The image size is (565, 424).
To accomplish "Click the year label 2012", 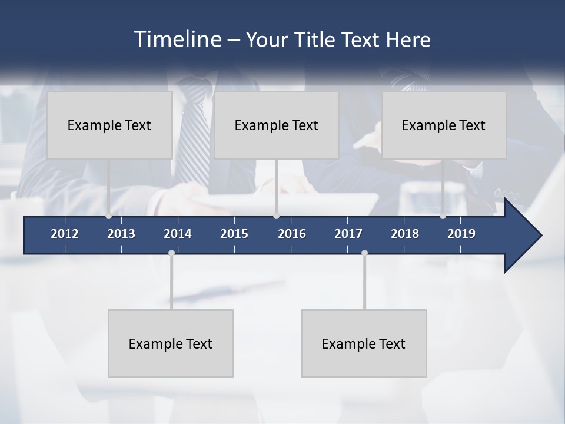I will coord(65,234).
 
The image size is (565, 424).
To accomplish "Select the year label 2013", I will coord(121,234).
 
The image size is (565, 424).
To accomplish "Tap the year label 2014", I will coord(178,234).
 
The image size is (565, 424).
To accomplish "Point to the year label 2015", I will coord(234,234).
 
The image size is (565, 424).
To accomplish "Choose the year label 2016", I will coord(292,234).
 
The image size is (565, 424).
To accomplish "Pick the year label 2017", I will coord(348,234).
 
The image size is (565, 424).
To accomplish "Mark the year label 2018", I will coord(405,234).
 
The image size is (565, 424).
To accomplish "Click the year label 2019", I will coord(461,234).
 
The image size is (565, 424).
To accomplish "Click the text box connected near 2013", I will coord(109,125).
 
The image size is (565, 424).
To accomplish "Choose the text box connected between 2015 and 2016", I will coord(277,125).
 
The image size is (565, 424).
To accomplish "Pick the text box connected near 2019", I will coord(444,125).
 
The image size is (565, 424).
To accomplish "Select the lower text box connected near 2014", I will coord(171,343).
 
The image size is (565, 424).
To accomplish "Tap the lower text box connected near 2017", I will coord(364,343).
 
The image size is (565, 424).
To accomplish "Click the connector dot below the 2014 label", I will coord(171,253).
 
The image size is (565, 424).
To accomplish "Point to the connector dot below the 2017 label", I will coord(364,253).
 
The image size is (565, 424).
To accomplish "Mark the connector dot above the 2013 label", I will coord(108,216).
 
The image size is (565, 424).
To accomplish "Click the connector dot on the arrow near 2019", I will coord(443,216).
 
